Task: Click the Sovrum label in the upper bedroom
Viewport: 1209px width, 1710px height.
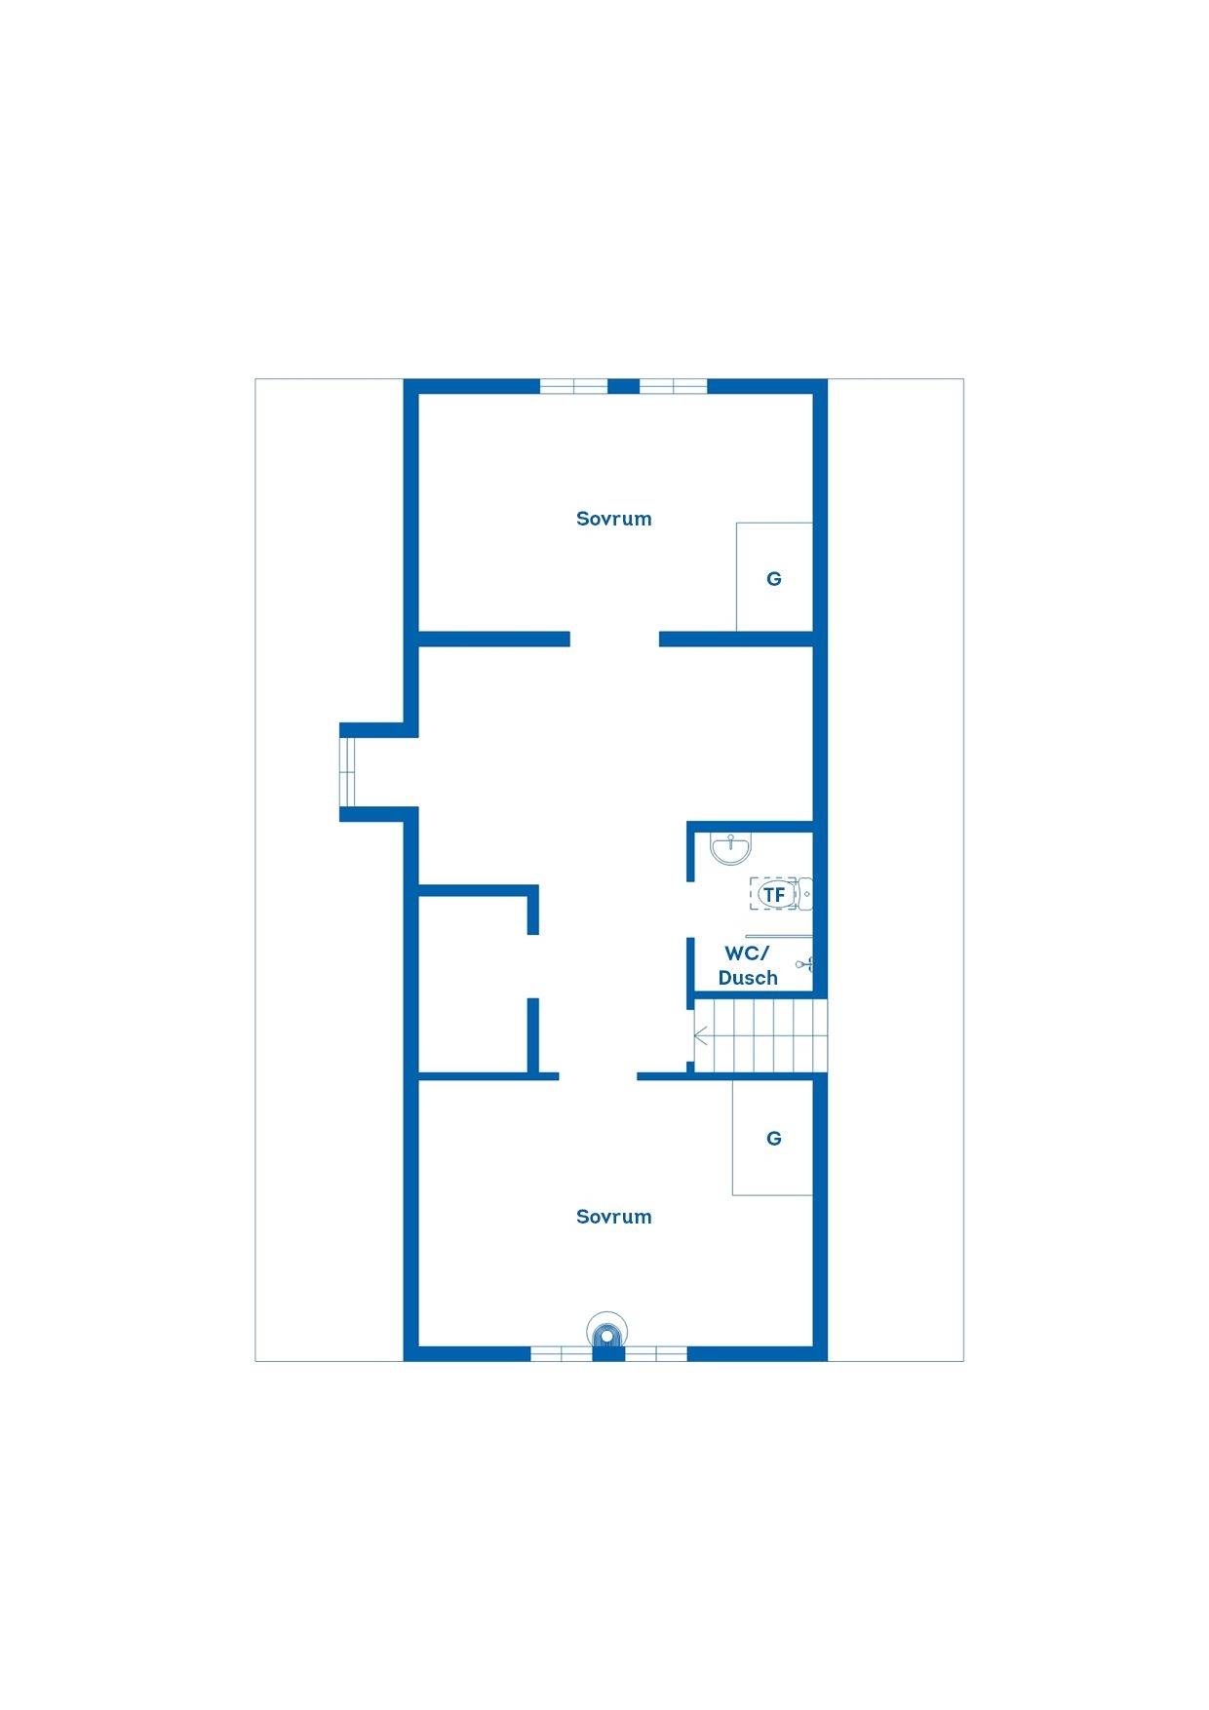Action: tap(613, 519)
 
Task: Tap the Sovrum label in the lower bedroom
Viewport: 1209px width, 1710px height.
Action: tap(613, 1217)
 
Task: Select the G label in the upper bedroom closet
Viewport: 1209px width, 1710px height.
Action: tap(774, 579)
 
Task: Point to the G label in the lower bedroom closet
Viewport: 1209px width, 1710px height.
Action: tap(774, 1139)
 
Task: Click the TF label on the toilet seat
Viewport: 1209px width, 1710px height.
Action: tap(774, 894)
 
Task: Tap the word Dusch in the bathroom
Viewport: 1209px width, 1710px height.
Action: tap(748, 978)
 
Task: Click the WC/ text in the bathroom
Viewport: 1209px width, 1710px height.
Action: tap(747, 953)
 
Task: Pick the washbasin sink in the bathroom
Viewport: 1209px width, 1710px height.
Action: tap(730, 848)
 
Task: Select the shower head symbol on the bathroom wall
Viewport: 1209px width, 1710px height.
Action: tap(804, 964)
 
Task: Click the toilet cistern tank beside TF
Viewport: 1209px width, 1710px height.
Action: tap(804, 894)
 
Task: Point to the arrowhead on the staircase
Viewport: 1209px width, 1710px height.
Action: tap(700, 1036)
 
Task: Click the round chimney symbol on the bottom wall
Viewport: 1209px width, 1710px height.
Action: tap(607, 1332)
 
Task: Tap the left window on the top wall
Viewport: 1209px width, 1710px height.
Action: tap(574, 386)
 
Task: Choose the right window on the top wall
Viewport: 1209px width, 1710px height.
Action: tap(673, 386)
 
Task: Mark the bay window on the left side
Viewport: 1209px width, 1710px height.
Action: tap(346, 772)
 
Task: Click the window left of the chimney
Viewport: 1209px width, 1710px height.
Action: tap(562, 1354)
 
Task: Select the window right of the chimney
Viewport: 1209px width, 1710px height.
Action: tap(655, 1354)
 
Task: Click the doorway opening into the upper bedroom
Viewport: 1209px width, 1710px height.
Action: tap(614, 640)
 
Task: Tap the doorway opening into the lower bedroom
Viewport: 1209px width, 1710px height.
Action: tap(598, 1076)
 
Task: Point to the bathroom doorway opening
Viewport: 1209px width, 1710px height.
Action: tap(690, 910)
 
